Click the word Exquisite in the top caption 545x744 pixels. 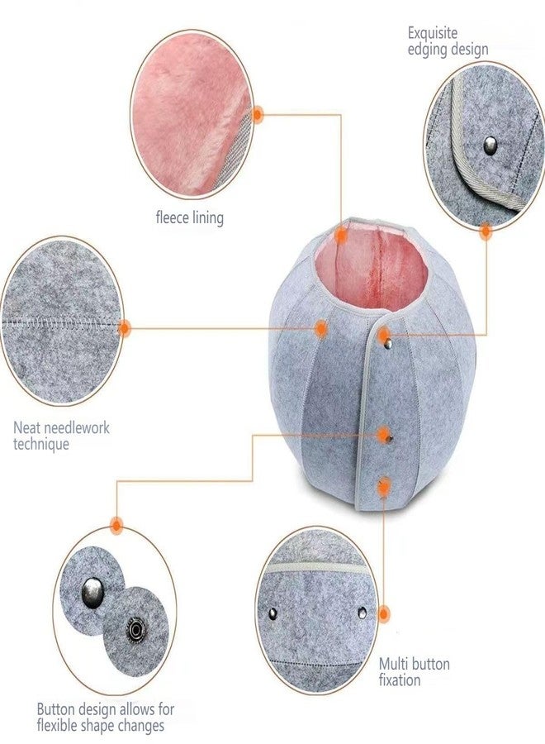click(x=432, y=33)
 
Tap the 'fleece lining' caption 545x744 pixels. click(x=190, y=217)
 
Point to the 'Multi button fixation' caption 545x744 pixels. click(x=415, y=671)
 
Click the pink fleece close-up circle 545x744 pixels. click(x=191, y=114)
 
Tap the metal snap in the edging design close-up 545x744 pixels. click(x=490, y=145)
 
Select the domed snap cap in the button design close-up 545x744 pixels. click(x=92, y=592)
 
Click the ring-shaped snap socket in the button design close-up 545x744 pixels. click(x=136, y=630)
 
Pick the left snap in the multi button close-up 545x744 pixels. click(x=272, y=614)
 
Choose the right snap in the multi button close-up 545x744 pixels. click(x=362, y=613)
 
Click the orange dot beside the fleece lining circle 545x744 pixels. click(x=258, y=114)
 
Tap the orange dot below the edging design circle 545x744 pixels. click(x=486, y=232)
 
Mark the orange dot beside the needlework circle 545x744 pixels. click(x=124, y=328)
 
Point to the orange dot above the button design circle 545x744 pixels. click(x=116, y=525)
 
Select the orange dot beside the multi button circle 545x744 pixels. click(x=384, y=614)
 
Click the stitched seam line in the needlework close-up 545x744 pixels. click(x=60, y=322)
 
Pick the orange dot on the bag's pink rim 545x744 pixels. click(x=341, y=236)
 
